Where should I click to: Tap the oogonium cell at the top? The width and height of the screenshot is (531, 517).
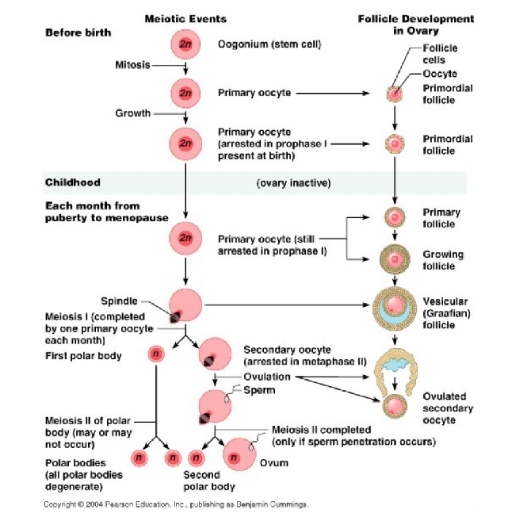[x=185, y=44]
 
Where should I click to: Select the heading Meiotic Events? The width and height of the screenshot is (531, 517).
[x=185, y=18]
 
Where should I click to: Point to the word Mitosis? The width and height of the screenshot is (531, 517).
[x=132, y=64]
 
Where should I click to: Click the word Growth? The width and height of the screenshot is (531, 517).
[x=132, y=113]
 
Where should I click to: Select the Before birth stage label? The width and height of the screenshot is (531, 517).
[x=78, y=33]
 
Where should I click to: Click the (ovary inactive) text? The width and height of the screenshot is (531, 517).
[x=293, y=183]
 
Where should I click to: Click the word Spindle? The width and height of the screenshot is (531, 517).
[x=119, y=301]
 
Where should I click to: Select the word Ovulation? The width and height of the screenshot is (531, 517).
[x=268, y=377]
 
